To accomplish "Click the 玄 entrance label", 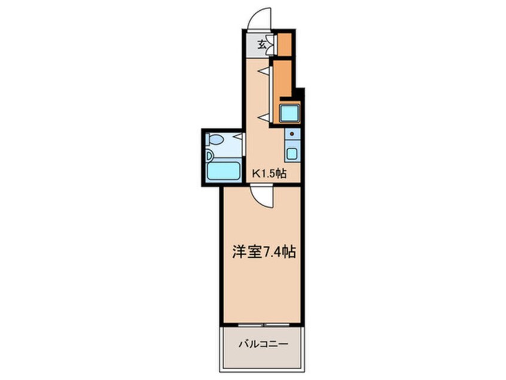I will pos(262,44).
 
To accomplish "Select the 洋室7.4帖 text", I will pos(263,252).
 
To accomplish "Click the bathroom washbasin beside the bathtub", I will pos(209,156).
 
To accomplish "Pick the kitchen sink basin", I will pos(291,153).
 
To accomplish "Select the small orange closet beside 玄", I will pos(285,44).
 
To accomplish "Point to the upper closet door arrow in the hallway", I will pos(263,71).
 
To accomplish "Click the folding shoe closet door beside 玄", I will pos(272,44).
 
